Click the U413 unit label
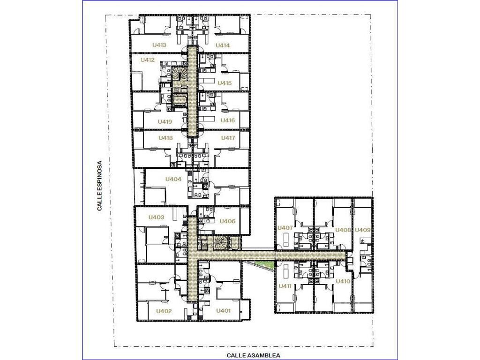click(x=159, y=45)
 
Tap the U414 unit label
click(x=223, y=45)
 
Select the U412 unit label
click(x=148, y=60)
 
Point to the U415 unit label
click(x=225, y=83)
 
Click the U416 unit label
click(x=228, y=120)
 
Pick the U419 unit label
click(x=165, y=121)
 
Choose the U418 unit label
click(x=165, y=138)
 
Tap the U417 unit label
click(x=228, y=138)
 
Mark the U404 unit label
click(x=173, y=179)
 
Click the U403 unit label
click(x=157, y=217)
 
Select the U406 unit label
click(x=227, y=221)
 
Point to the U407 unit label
click(x=285, y=228)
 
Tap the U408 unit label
click(x=343, y=230)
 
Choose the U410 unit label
click(x=343, y=281)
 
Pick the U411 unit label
click(x=285, y=286)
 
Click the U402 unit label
click(x=164, y=311)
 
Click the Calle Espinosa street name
click(x=99, y=186)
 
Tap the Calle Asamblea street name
click(x=254, y=355)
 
